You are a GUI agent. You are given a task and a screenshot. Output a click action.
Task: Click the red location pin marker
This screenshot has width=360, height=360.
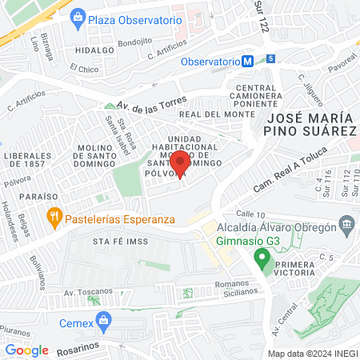pos(178,164)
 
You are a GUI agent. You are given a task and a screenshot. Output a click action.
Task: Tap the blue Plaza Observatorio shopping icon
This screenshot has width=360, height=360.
pos(78,17)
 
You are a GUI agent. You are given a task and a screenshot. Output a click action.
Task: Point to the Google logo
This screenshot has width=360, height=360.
pos(26,350)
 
